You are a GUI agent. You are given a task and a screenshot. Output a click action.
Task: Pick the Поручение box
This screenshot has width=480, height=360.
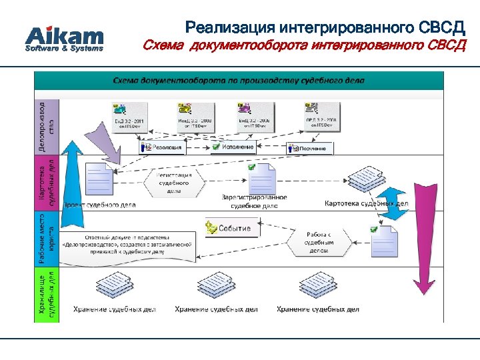[x=310, y=148]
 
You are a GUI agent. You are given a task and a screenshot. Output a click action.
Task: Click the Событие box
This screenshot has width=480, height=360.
[x=228, y=228]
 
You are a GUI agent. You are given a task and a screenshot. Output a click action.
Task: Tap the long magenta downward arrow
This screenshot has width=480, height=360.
[x=421, y=233]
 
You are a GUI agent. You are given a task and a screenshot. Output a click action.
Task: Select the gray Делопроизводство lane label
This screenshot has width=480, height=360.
[x=47, y=126]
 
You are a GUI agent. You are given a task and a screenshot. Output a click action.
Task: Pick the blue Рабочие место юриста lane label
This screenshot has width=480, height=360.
[x=47, y=239]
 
